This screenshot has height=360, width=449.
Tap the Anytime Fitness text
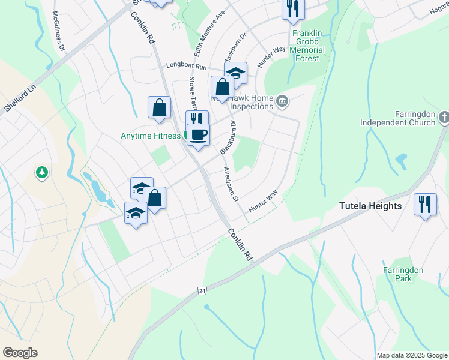[150, 136]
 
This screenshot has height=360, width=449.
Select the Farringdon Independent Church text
[397, 118]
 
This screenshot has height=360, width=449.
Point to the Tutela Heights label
[370, 206]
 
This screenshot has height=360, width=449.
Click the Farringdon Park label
[403, 274]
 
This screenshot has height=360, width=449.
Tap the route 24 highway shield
[202, 291]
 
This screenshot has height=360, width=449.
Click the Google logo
[20, 352]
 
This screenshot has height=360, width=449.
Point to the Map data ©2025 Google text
[412, 355]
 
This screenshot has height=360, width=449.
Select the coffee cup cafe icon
[198, 134]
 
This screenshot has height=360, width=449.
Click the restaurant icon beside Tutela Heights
[426, 204]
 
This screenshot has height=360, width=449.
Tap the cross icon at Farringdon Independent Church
[444, 117]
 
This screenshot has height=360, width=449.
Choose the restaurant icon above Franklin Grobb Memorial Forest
[293, 8]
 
